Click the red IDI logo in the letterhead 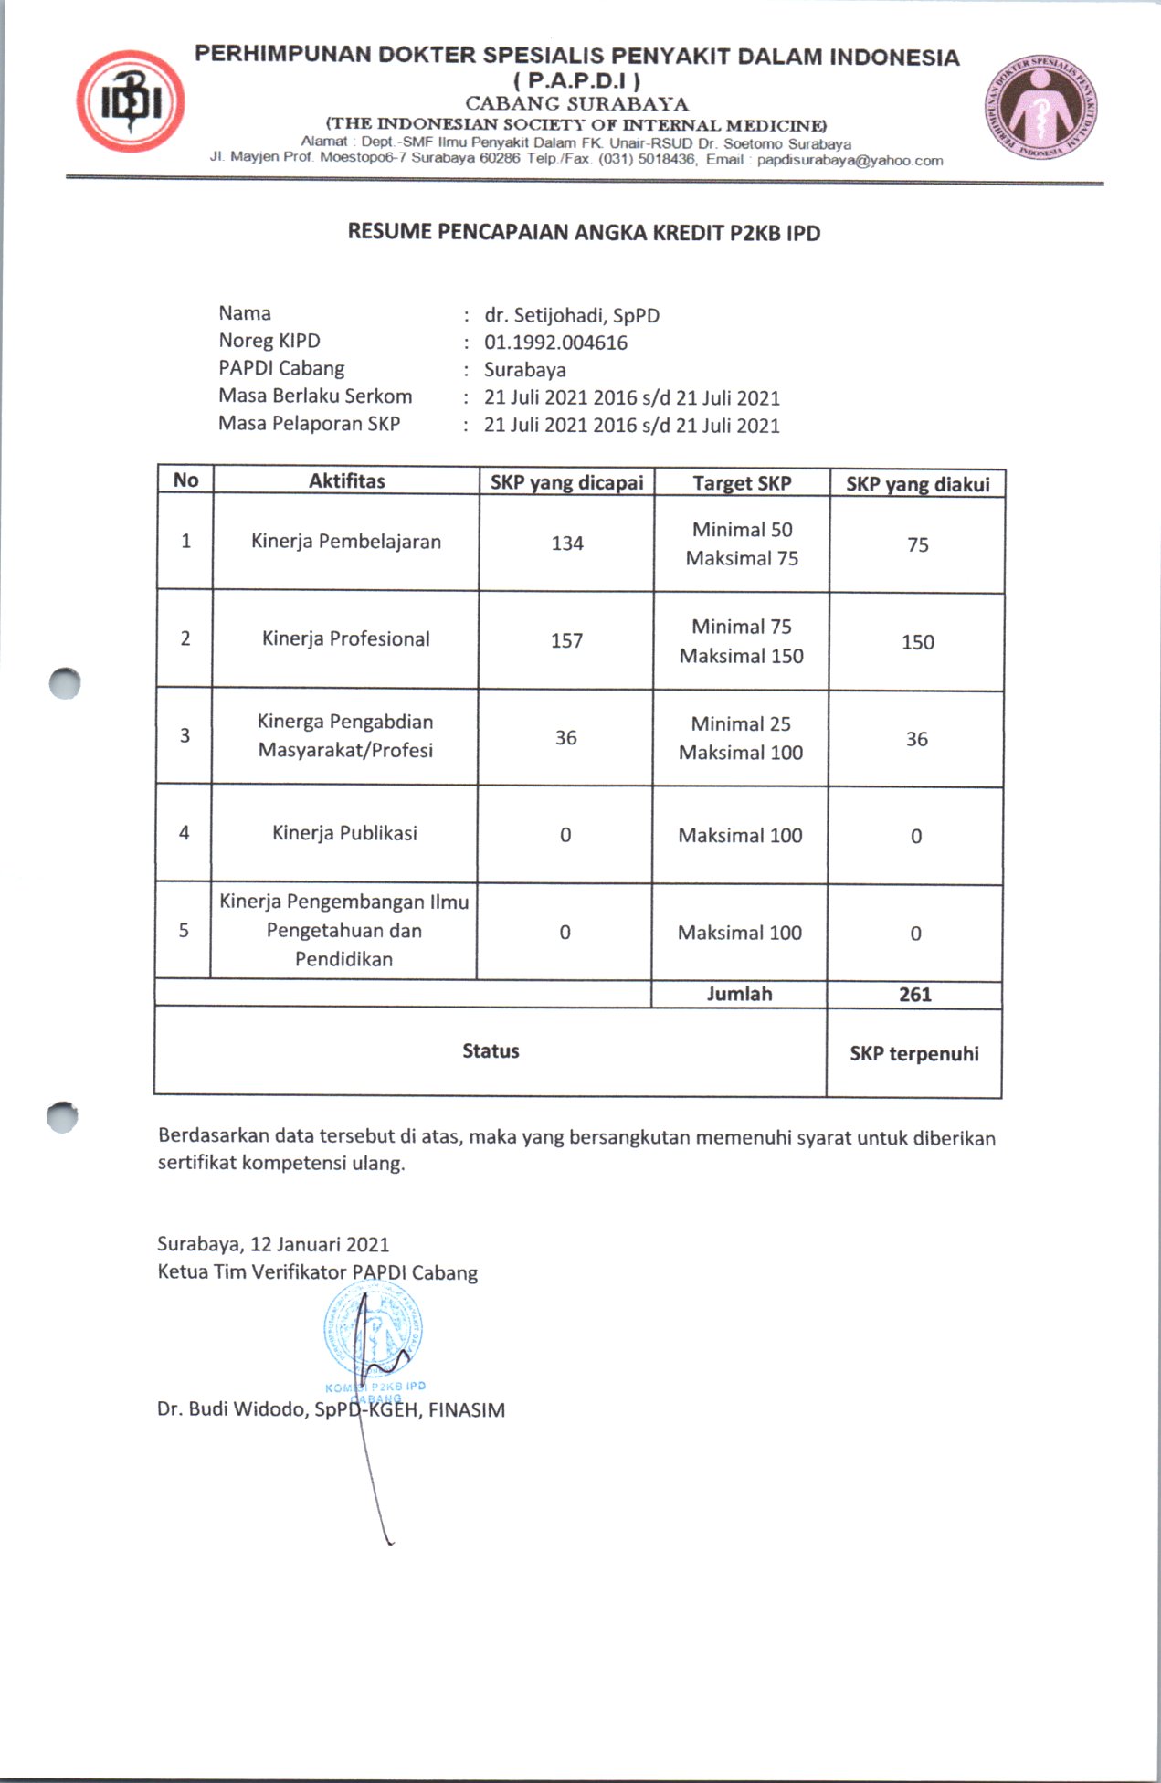132,101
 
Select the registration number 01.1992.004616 555,343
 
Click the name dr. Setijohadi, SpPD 572,315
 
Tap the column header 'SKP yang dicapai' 566,482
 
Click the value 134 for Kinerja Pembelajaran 566,543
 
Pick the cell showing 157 566,640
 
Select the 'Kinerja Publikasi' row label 344,833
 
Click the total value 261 914,995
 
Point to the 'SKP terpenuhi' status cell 913,1053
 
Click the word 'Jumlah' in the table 739,994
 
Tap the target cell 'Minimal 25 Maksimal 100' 740,738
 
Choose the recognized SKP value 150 917,642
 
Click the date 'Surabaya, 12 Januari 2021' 273,1244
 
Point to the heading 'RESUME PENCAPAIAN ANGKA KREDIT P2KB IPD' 584,233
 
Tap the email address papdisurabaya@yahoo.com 850,161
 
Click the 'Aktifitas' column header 346,480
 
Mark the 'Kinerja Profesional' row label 345,638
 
